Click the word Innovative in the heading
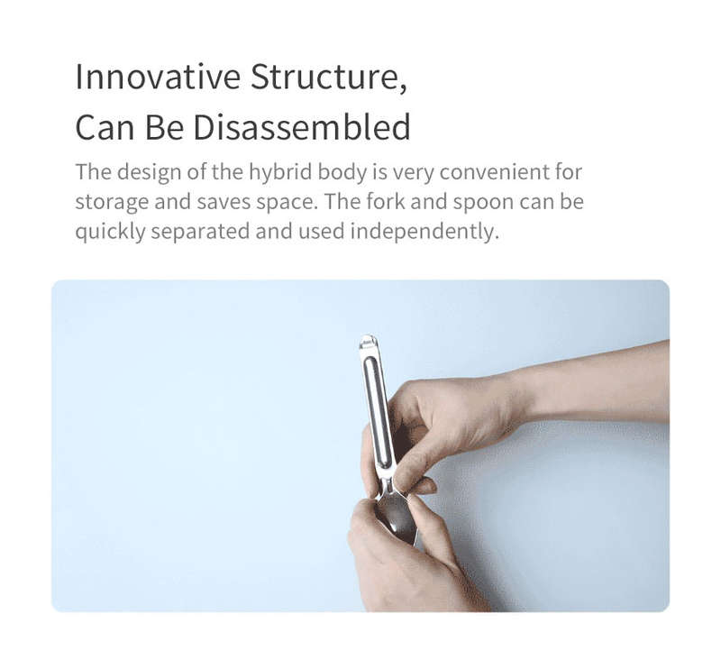(x=158, y=77)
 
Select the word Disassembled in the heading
(x=302, y=127)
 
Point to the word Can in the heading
(x=105, y=127)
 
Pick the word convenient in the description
(x=494, y=173)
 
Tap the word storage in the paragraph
(x=112, y=203)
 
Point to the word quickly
(x=110, y=232)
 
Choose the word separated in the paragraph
(x=200, y=232)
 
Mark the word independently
(x=424, y=232)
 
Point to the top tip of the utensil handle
(x=368, y=336)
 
